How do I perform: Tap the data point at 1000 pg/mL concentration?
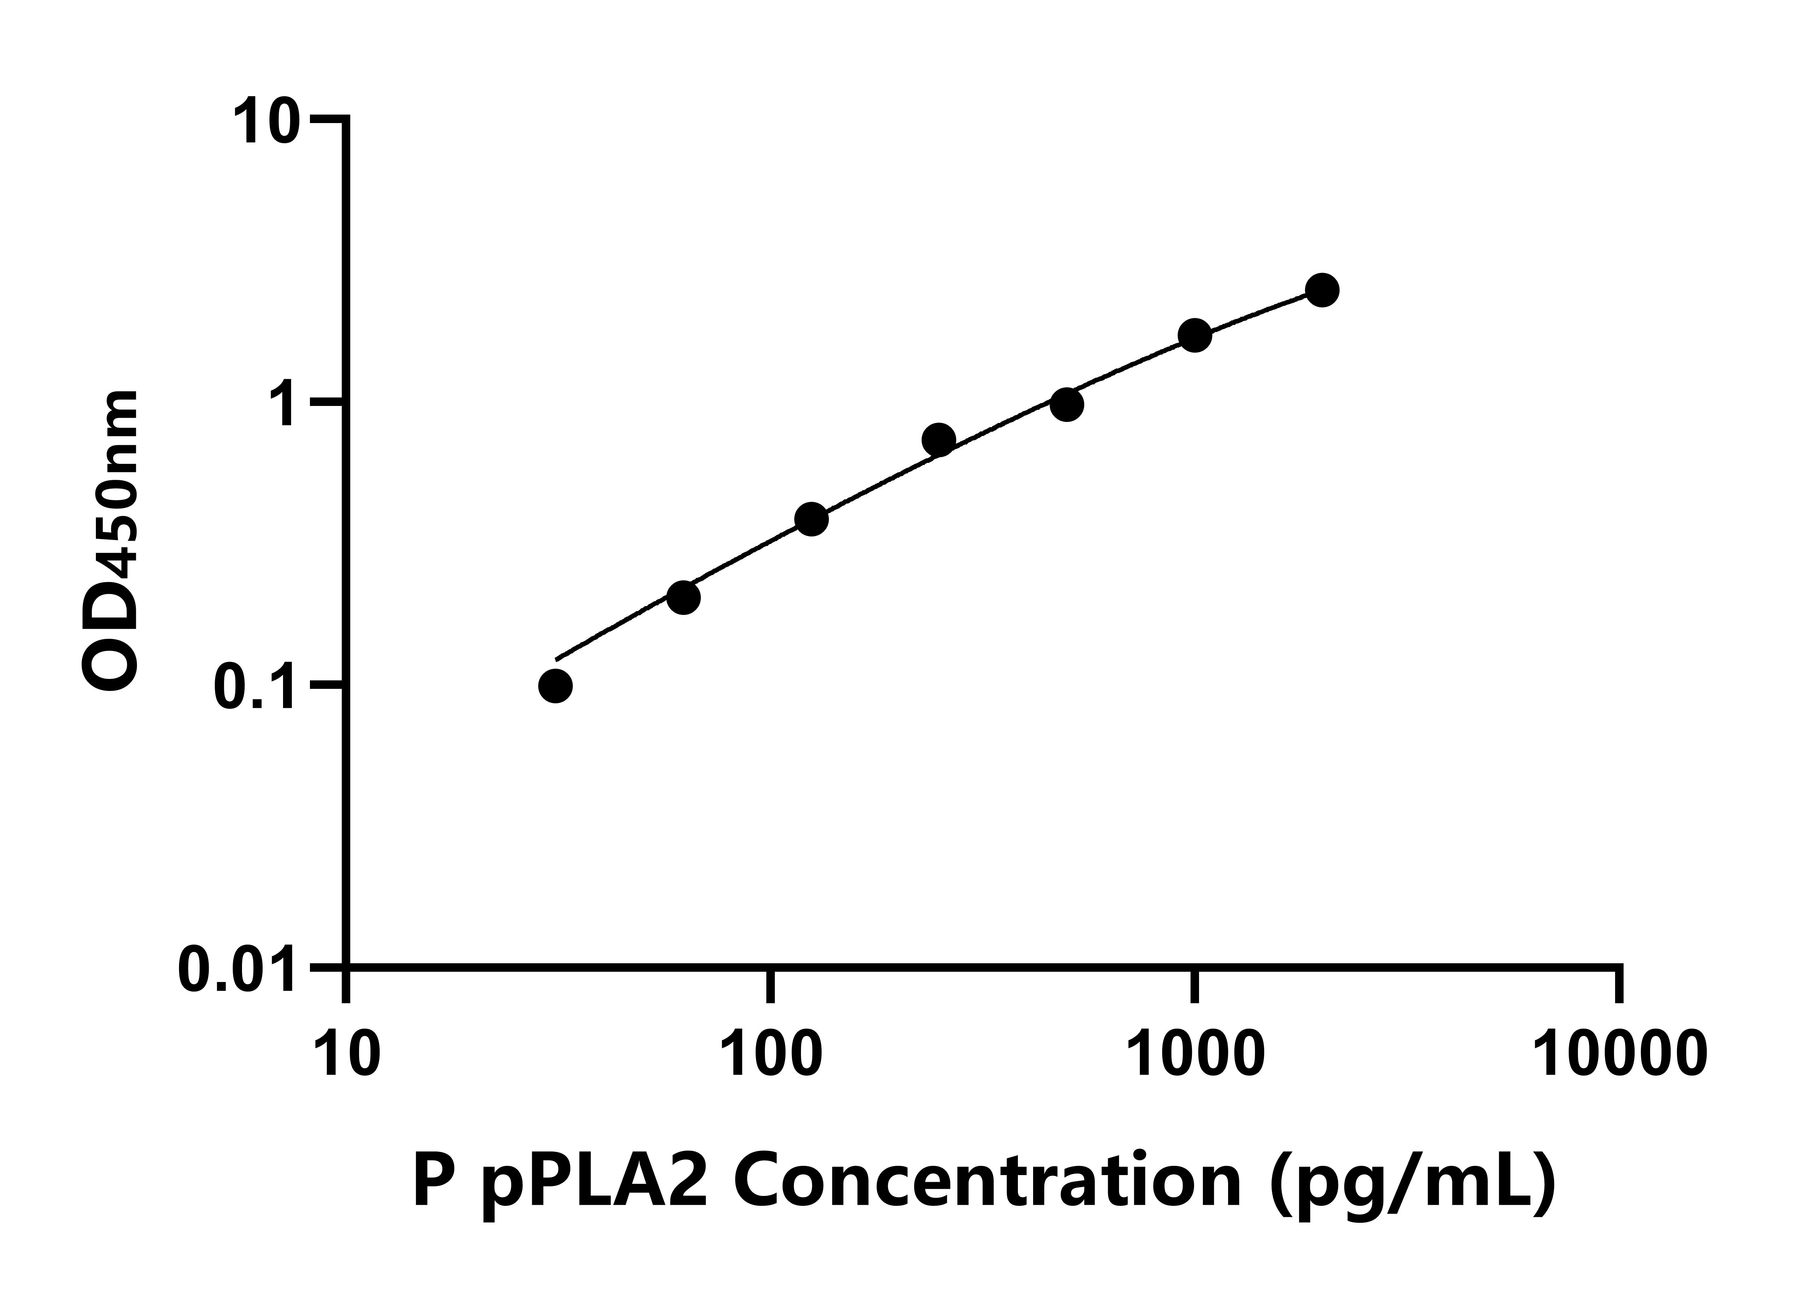[1194, 335]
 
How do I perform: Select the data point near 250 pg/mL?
[939, 439]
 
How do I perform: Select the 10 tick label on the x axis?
[347, 1054]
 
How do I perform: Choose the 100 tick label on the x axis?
[771, 1054]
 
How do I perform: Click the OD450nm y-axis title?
[111, 540]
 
